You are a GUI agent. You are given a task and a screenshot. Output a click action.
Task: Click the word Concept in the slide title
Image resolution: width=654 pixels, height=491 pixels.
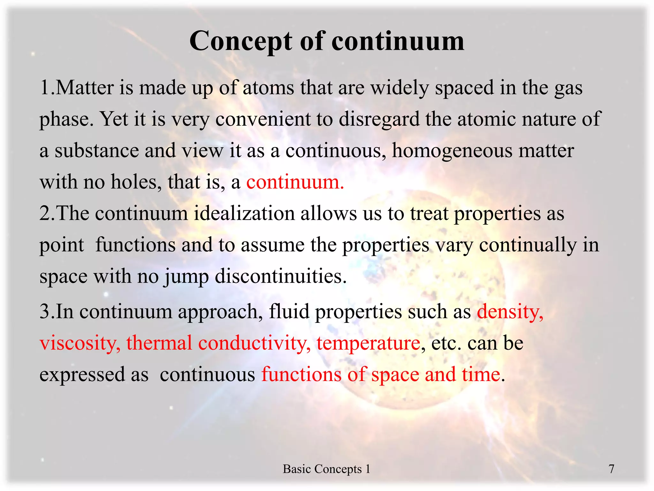pyautogui.click(x=240, y=42)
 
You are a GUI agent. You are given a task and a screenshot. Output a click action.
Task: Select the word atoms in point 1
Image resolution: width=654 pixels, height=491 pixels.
pyautogui.click(x=268, y=88)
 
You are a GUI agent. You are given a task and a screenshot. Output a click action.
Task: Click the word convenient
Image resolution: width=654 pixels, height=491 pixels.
pyautogui.click(x=263, y=119)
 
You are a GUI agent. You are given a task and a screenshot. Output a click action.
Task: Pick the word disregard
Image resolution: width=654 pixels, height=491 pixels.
pyautogui.click(x=379, y=119)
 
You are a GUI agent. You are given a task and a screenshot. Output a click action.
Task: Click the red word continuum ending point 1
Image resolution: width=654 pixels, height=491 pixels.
pyautogui.click(x=295, y=182)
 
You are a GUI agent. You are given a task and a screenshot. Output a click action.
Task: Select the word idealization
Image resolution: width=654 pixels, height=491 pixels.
pyautogui.click(x=244, y=213)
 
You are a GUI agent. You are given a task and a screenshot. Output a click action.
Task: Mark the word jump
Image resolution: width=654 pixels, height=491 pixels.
pyautogui.click(x=186, y=276)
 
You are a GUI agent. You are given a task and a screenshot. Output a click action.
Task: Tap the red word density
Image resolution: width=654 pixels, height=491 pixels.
pyautogui.click(x=510, y=311)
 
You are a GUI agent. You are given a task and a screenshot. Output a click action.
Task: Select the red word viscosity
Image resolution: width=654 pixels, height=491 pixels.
pyautogui.click(x=80, y=343)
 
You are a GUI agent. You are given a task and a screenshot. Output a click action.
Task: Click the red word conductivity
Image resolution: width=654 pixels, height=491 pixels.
pyautogui.click(x=254, y=343)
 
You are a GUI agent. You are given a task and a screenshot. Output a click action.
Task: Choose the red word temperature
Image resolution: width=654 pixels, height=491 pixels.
pyautogui.click(x=368, y=343)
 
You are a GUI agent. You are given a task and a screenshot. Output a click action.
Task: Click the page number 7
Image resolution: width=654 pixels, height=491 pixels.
pyautogui.click(x=611, y=469)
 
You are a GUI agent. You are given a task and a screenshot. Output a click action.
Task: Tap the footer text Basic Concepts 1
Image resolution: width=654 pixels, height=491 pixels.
pyautogui.click(x=326, y=469)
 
